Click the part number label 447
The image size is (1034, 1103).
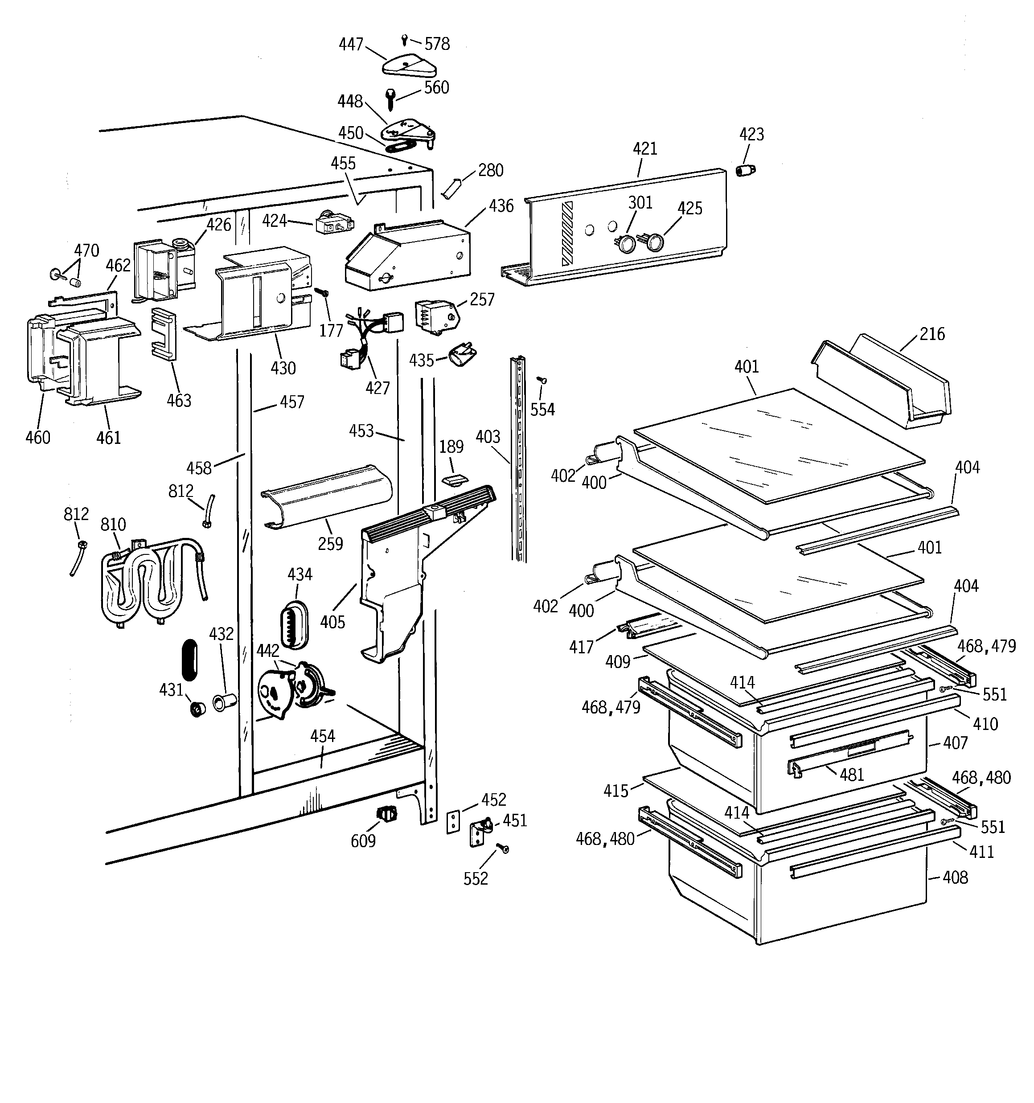(351, 45)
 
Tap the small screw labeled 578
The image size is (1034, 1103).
(405, 39)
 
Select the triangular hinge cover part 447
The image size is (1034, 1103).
(409, 66)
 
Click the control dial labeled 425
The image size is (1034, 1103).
(655, 242)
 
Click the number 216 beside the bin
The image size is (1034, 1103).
(932, 334)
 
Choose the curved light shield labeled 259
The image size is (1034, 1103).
(328, 497)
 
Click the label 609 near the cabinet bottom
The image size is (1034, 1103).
(363, 841)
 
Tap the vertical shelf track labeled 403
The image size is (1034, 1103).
(519, 458)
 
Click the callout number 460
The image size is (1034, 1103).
(38, 437)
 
